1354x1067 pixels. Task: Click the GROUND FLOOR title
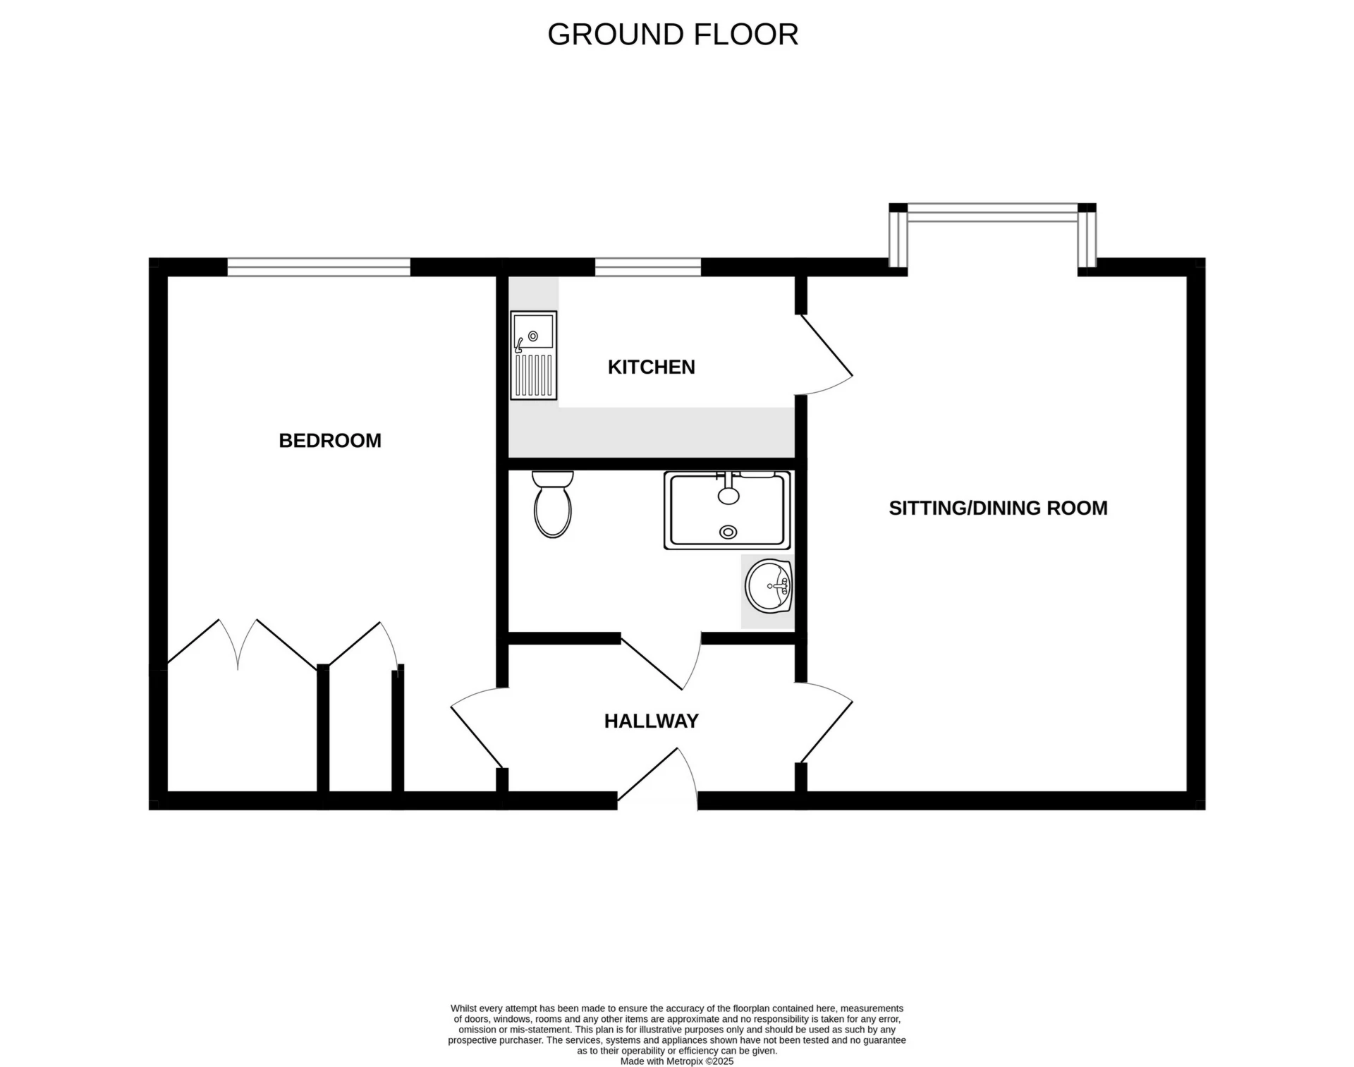(x=673, y=35)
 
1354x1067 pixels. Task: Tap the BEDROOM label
(x=330, y=441)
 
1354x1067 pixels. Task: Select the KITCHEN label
(x=652, y=367)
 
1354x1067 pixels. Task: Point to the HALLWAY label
(x=652, y=721)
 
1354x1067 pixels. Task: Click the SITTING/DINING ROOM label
(x=998, y=508)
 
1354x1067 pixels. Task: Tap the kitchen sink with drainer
(x=534, y=355)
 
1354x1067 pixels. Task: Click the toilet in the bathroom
(x=553, y=504)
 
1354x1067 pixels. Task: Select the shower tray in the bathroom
(x=727, y=511)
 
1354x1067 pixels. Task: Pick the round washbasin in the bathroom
(x=769, y=587)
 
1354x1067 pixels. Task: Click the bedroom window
(x=319, y=267)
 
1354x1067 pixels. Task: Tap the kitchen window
(x=648, y=267)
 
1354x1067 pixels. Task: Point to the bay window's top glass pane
(x=992, y=212)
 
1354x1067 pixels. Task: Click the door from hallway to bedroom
(x=477, y=728)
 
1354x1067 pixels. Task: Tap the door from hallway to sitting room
(x=826, y=723)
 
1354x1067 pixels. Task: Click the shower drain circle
(x=728, y=532)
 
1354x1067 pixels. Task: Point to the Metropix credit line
(x=677, y=1061)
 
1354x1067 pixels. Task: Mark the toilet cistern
(x=553, y=479)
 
